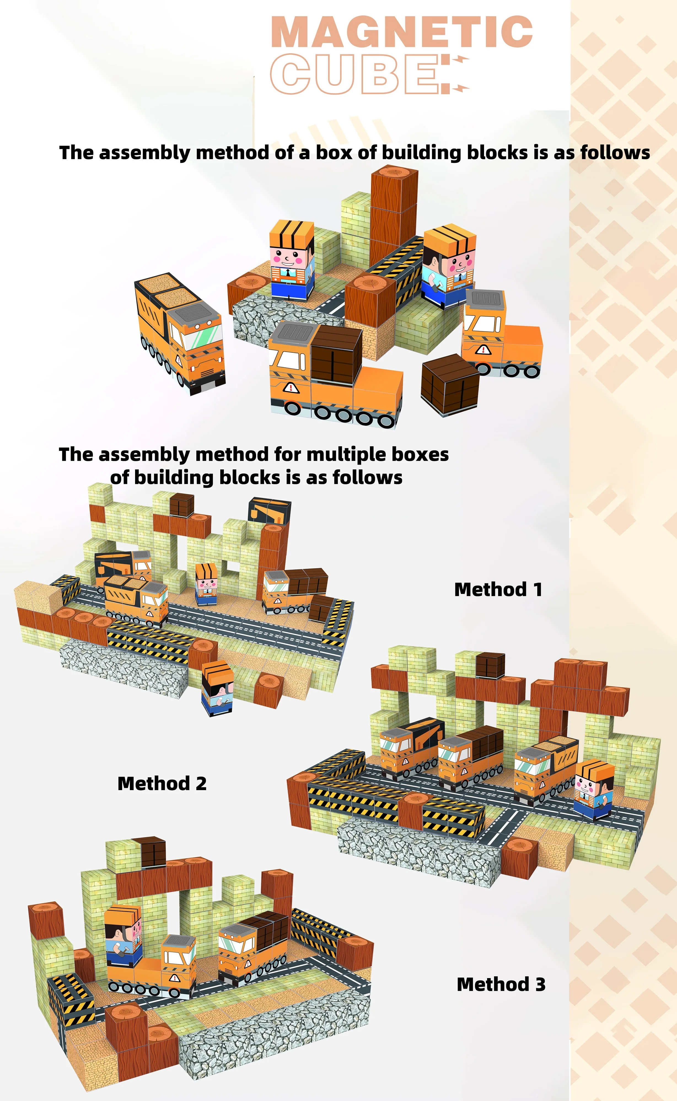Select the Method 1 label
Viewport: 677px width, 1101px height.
point(498,589)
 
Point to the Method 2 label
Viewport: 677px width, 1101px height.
point(162,784)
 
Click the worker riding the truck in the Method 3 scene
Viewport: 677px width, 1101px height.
point(123,933)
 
